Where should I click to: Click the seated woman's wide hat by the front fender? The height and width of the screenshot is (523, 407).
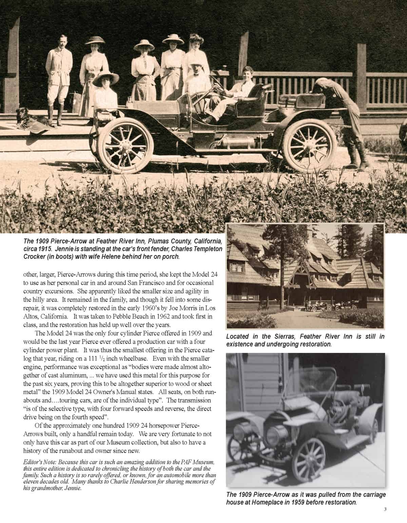click(x=106, y=79)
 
